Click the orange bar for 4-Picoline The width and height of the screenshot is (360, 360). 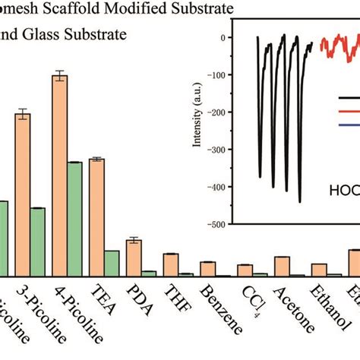59,175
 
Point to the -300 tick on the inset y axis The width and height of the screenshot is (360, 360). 225,150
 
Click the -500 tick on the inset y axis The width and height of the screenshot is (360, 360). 225,224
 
